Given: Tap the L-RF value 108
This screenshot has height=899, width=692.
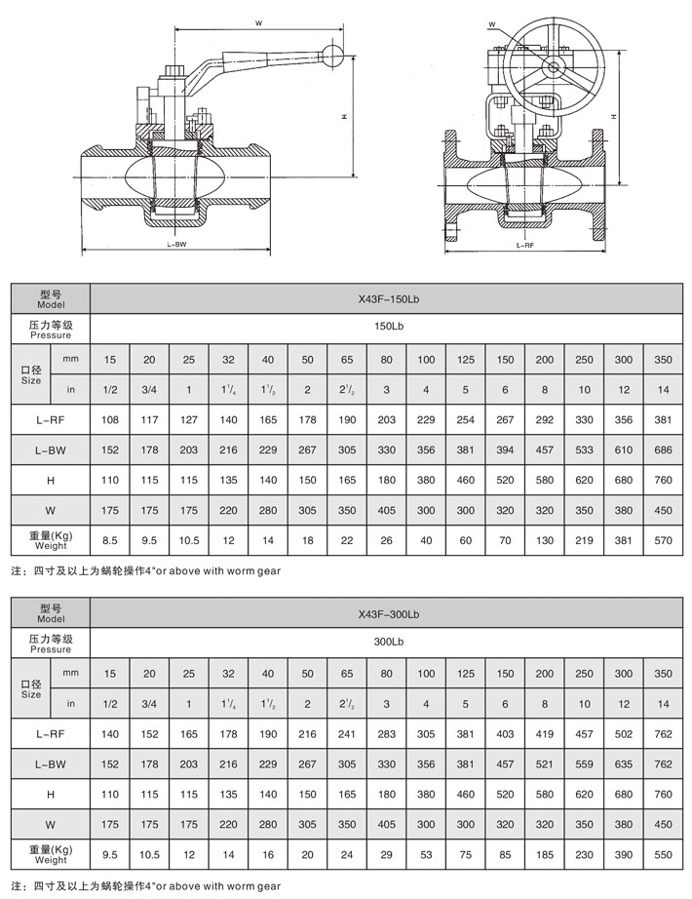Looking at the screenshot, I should [x=109, y=420].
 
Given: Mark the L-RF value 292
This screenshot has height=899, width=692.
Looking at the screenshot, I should [x=544, y=420].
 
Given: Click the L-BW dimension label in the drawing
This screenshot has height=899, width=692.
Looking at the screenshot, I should [x=176, y=246].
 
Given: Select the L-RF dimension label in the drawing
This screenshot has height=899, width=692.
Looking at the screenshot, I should [x=524, y=247].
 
